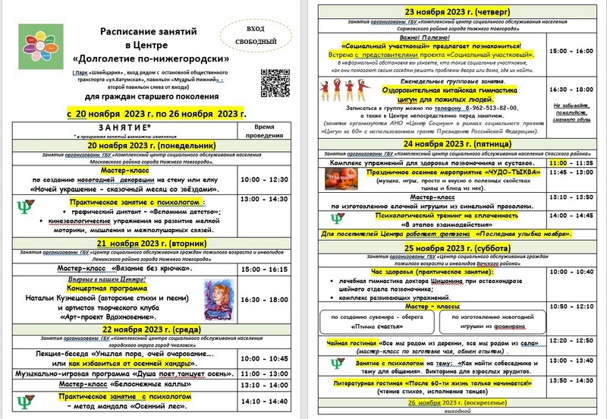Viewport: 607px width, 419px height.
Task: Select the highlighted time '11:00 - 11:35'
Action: click(573, 162)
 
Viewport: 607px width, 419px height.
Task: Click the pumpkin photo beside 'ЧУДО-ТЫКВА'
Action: click(343, 180)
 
